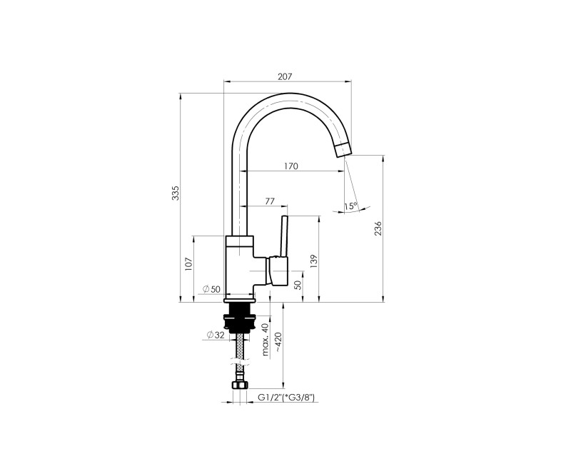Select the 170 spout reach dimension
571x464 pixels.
(x=290, y=166)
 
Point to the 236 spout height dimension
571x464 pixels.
(x=379, y=228)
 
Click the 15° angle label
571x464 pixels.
(x=350, y=206)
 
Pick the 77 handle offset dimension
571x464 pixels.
(x=269, y=201)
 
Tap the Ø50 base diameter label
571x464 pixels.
(x=211, y=288)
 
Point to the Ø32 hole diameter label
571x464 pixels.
(x=215, y=335)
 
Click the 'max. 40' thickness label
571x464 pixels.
(x=265, y=339)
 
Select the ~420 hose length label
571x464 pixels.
(x=276, y=345)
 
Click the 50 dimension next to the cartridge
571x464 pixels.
(x=298, y=284)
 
